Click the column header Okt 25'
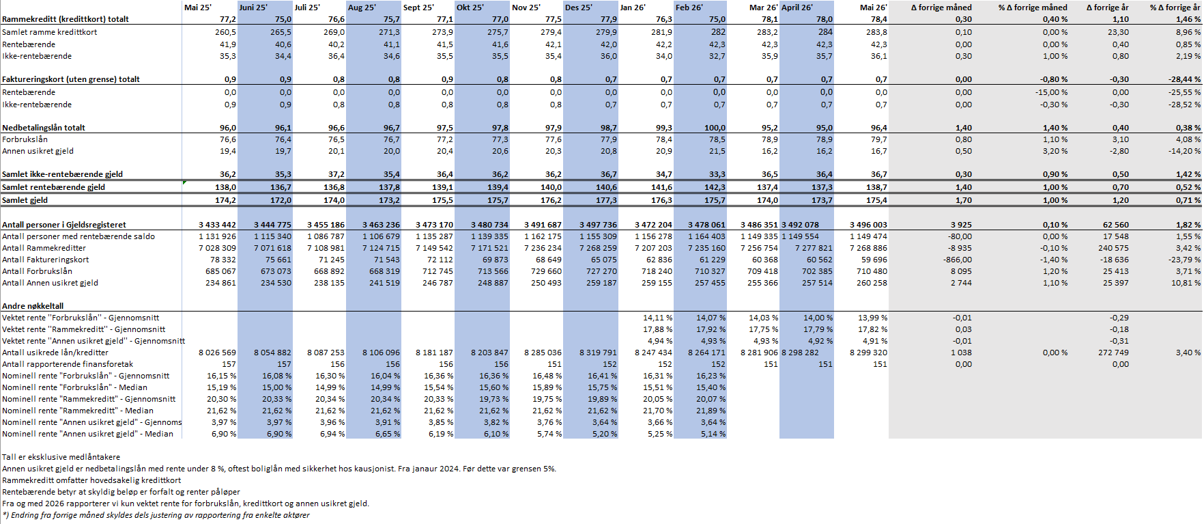tap(470, 8)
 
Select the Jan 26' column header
tap(633, 8)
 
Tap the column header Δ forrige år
tap(1107, 8)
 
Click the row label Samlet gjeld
tap(25, 200)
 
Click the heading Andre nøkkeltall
tap(33, 306)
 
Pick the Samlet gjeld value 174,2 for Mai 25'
tap(225, 200)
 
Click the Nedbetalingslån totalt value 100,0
tap(715, 128)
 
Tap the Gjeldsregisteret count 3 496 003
tap(868, 225)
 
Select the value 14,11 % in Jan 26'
tap(657, 318)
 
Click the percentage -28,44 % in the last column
tap(1184, 79)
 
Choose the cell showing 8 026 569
tap(217, 353)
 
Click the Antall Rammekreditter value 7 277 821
tap(814, 248)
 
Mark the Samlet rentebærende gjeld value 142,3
tap(715, 187)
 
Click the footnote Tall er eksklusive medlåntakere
tap(61, 457)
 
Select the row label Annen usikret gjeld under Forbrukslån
tap(38, 151)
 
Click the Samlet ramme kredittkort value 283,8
tap(876, 32)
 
